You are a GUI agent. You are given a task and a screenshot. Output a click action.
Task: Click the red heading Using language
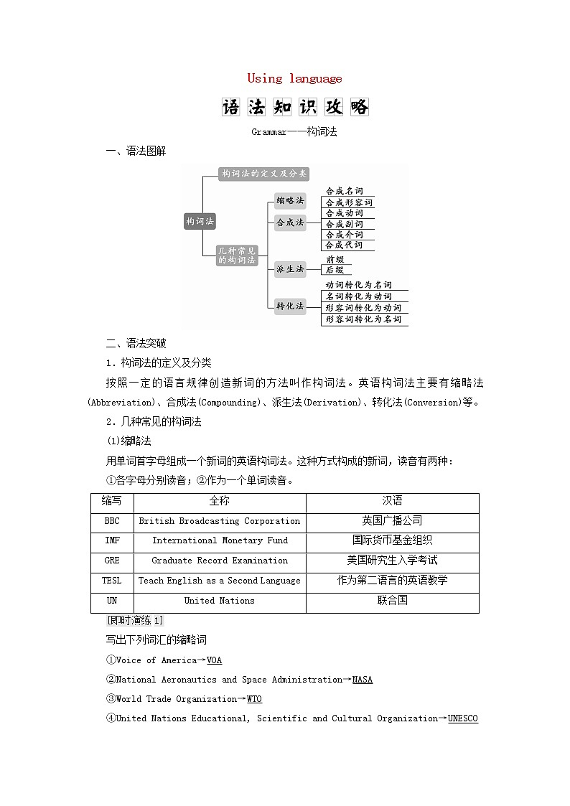294,79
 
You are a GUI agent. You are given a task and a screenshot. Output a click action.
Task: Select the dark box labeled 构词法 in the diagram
200,222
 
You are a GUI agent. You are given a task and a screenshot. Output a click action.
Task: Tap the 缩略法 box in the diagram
290,200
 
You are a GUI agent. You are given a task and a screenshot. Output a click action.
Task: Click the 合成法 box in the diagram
290,222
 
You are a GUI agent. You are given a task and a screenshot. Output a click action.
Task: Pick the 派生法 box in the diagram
290,269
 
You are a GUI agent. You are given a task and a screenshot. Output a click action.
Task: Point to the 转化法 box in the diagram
290,306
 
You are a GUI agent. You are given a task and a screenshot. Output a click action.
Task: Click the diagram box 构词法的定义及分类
263,174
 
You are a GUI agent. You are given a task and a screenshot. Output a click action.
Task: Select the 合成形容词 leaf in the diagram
349,202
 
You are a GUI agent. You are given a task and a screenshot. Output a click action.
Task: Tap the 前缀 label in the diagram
335,259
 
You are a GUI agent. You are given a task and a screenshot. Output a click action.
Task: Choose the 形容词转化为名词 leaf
363,319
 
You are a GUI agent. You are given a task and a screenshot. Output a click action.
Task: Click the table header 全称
220,502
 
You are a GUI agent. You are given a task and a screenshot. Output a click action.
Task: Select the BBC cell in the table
113,522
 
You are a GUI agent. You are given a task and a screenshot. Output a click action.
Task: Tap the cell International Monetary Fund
220,541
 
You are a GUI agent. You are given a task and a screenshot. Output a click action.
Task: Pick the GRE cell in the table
113,561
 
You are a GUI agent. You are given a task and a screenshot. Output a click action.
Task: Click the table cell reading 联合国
392,601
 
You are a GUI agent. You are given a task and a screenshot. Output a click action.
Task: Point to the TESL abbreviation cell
113,581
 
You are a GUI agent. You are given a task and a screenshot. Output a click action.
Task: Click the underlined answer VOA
214,660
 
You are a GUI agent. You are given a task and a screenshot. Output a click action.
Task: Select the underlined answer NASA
363,680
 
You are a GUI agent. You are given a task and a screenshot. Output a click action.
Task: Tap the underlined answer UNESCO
463,718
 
